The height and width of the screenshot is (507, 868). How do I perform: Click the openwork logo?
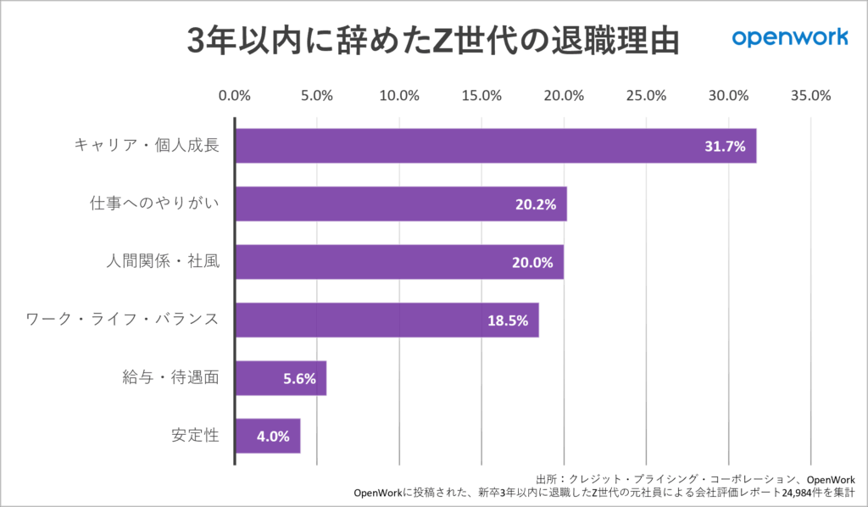coord(789,37)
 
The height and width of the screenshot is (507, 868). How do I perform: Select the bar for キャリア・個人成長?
coord(494,146)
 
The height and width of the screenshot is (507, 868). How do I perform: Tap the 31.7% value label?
coord(725,147)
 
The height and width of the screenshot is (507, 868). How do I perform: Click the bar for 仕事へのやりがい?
coord(400,204)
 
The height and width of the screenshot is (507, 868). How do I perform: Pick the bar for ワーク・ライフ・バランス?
coord(387,320)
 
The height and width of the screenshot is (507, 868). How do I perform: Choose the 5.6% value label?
coord(299,378)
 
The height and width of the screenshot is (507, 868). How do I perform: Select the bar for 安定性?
coord(268,436)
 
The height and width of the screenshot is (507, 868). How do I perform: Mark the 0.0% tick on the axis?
coord(234,96)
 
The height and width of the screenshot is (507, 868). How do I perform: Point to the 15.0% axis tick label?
coord(481,96)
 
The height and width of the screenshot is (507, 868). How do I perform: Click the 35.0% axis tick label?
coord(810,96)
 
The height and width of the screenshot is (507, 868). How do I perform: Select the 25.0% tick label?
coord(646,96)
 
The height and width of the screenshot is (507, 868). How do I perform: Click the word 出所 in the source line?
coord(548,478)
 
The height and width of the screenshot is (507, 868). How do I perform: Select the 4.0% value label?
coord(273,437)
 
